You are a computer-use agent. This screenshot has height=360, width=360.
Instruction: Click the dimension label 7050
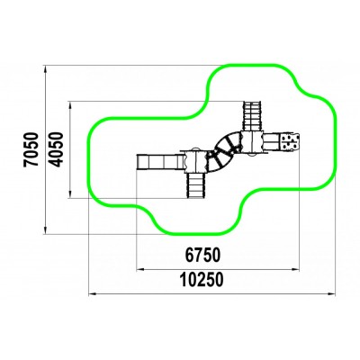(31, 149)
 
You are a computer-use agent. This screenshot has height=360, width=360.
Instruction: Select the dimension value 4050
(56, 149)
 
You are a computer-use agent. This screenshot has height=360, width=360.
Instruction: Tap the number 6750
(202, 256)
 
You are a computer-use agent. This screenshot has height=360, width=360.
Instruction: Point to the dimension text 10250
(202, 280)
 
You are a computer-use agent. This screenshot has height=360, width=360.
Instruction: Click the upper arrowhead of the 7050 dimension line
(45, 69)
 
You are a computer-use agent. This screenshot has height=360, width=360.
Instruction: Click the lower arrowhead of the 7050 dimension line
(45, 229)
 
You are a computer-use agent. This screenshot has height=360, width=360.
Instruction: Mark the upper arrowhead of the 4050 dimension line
(70, 105)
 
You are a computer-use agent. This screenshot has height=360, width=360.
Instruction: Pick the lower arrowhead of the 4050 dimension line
(70, 193)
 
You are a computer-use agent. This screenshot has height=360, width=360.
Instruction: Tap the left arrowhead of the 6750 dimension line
(140, 270)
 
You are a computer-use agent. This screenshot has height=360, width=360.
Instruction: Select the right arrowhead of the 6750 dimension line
(295, 270)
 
